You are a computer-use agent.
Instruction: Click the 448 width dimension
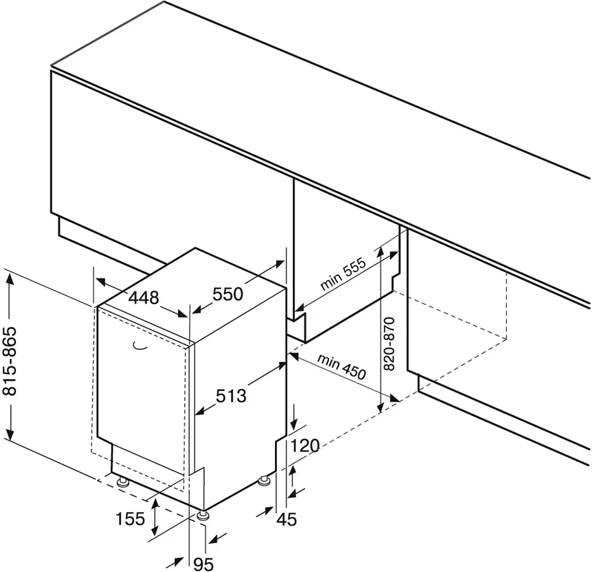pyautogui.click(x=144, y=298)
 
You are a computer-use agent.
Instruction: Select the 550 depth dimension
pyautogui.click(x=228, y=294)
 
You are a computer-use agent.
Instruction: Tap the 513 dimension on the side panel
pyautogui.click(x=230, y=396)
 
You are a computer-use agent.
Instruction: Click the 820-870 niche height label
pyautogui.click(x=389, y=344)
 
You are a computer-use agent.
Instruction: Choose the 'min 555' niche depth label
pyautogui.click(x=343, y=274)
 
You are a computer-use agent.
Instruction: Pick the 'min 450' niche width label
pyautogui.click(x=342, y=367)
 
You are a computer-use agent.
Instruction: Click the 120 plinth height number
pyautogui.click(x=305, y=446)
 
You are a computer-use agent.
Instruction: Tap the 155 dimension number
pyautogui.click(x=130, y=519)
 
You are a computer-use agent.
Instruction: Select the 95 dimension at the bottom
pyautogui.click(x=203, y=565)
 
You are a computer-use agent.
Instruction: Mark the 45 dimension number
pyautogui.click(x=287, y=519)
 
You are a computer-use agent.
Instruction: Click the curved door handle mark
pyautogui.click(x=140, y=344)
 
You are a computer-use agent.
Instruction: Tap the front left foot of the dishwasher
pyautogui.click(x=122, y=482)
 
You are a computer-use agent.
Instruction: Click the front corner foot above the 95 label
pyautogui.click(x=203, y=515)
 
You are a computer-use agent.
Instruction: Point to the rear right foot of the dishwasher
pyautogui.click(x=264, y=481)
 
